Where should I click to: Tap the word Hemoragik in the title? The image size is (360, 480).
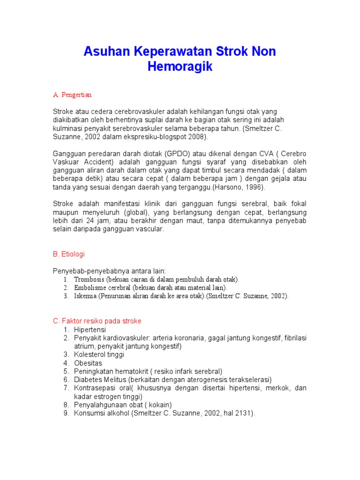(x=180, y=67)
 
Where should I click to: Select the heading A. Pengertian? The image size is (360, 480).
(x=72, y=95)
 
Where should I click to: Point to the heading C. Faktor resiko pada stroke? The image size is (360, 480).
(x=97, y=321)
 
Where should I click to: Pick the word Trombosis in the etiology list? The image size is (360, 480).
(x=89, y=279)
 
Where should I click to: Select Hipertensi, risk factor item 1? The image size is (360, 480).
(x=90, y=330)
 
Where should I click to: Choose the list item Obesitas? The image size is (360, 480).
(x=88, y=363)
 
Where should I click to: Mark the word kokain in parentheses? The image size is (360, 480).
(x=159, y=405)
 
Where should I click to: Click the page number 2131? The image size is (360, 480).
(x=243, y=413)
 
